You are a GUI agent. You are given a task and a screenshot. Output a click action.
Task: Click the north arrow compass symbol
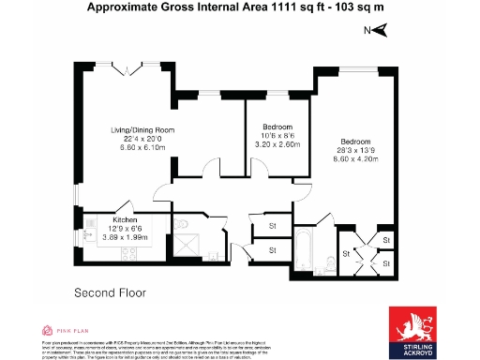380,31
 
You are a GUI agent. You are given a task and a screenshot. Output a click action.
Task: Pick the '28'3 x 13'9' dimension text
355,150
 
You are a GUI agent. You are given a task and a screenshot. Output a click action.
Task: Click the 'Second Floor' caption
110,293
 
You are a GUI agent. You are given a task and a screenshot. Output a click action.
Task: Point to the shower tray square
188,245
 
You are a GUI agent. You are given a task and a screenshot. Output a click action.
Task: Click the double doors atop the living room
127,67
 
